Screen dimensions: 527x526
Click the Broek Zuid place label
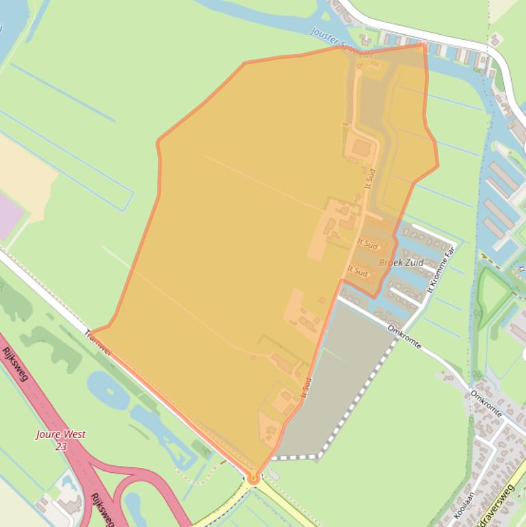[401, 263]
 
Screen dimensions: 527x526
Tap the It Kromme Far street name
[440, 270]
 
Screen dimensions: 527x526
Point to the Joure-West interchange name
[62, 435]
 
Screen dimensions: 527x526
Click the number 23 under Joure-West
[62, 446]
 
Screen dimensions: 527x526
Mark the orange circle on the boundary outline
[253, 479]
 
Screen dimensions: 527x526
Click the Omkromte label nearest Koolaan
[487, 404]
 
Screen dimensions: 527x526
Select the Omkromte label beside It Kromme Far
[404, 336]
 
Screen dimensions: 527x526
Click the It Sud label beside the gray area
[306, 387]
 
